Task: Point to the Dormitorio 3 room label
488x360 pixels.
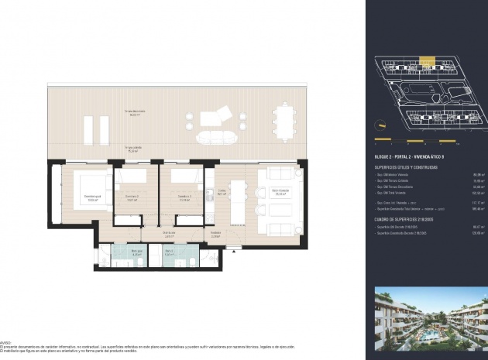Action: (x=183, y=197)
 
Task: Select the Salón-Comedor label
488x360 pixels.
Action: (x=279, y=194)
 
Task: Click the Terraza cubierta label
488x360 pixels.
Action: (x=139, y=149)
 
